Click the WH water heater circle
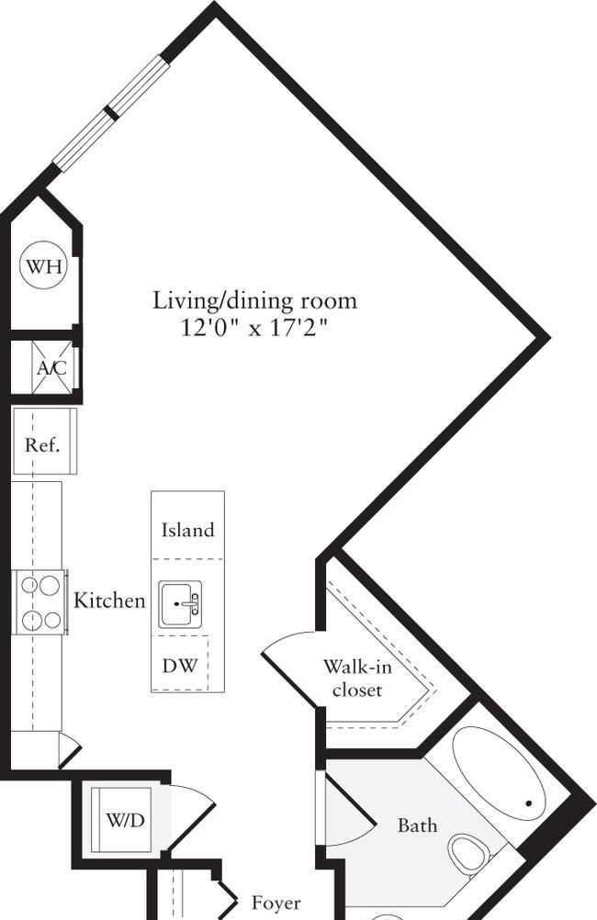click(x=44, y=267)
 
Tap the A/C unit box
click(x=52, y=368)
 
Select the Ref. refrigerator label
click(x=42, y=444)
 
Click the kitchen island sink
click(x=180, y=604)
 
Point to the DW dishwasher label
click(x=180, y=666)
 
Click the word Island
click(x=188, y=531)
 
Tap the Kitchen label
click(x=109, y=600)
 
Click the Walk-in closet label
click(x=357, y=679)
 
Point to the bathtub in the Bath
click(x=499, y=773)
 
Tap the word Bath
click(x=417, y=825)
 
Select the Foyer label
click(x=276, y=903)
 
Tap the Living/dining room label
click(x=254, y=300)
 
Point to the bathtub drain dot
click(x=528, y=803)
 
